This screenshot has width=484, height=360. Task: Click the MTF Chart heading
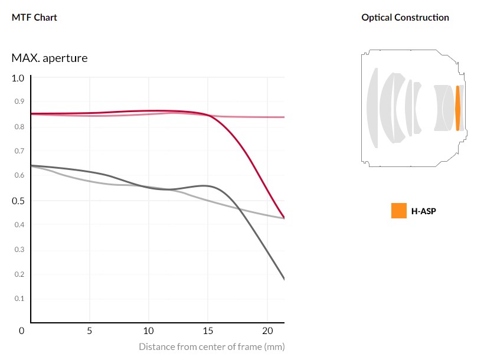[34, 17]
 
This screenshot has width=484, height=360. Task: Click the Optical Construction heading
[405, 17]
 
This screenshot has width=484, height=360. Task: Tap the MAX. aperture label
[50, 58]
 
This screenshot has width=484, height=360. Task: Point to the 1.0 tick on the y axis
[18, 78]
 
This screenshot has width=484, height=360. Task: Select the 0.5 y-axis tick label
[18, 201]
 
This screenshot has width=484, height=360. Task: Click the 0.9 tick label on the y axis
[19, 102]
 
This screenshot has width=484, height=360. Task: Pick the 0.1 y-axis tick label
[19, 299]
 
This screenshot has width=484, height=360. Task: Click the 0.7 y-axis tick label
[19, 151]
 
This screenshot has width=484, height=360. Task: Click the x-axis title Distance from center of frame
[211, 346]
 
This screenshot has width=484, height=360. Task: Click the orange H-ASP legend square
[398, 211]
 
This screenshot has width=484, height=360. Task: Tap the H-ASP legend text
[423, 211]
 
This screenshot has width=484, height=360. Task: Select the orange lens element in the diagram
[457, 108]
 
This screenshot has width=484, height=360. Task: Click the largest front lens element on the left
[372, 108]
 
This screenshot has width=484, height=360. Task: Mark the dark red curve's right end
[284, 217]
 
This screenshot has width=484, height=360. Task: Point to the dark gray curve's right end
[284, 279]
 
